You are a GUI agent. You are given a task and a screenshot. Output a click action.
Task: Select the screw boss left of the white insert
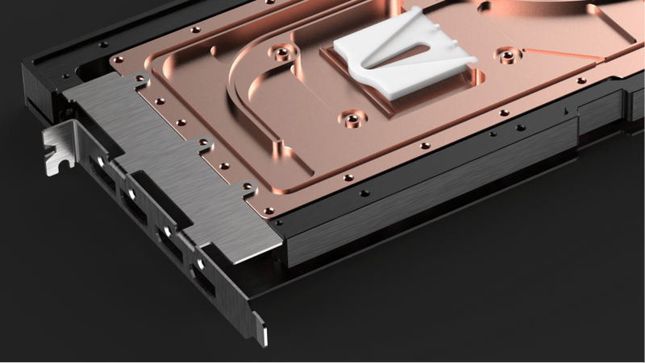(280, 54)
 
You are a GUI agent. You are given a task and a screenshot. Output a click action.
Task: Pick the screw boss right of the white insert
(506, 56)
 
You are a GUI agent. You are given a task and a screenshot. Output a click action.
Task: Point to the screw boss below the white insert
(352, 120)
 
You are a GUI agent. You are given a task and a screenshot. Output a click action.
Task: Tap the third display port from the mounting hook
(167, 232)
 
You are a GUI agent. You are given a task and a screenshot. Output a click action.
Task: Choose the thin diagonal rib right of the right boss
(564, 64)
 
